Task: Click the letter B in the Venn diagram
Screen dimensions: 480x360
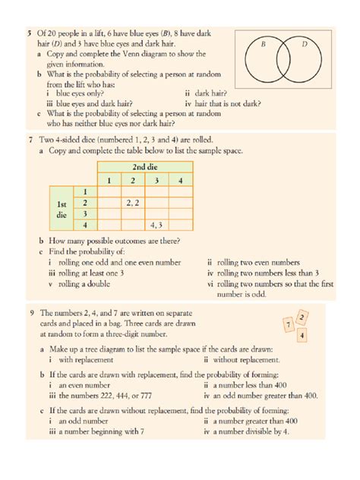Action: (263, 45)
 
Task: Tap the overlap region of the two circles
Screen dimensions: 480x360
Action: (283, 65)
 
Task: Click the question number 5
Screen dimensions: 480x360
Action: (28, 34)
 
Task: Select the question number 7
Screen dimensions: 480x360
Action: (28, 140)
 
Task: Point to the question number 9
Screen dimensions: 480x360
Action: (28, 313)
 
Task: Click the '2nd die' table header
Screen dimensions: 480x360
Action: (145, 167)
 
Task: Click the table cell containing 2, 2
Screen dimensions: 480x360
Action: (132, 203)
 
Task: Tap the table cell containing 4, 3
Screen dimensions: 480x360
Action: (157, 225)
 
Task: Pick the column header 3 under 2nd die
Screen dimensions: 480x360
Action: (156, 180)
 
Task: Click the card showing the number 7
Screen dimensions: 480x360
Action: (288, 325)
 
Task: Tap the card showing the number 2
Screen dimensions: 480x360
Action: (302, 316)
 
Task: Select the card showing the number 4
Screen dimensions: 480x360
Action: (303, 335)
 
